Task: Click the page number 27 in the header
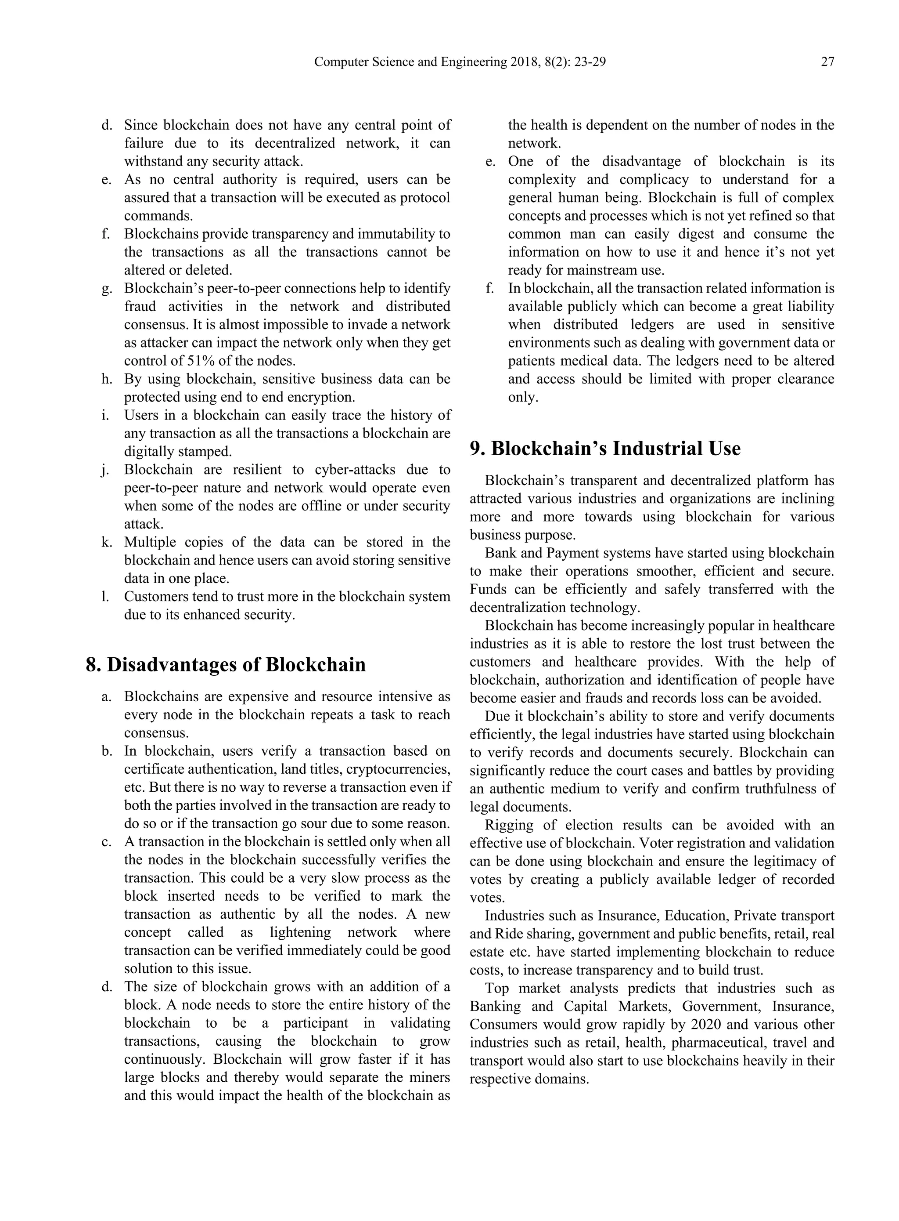coord(827,62)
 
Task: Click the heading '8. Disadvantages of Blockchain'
coord(226,665)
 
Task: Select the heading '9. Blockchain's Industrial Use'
coord(605,449)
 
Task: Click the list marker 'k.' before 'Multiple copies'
coord(107,543)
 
